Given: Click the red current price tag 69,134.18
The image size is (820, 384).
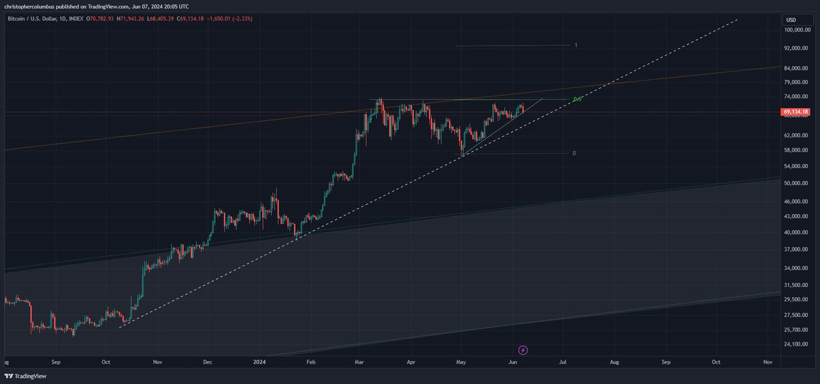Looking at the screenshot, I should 797,111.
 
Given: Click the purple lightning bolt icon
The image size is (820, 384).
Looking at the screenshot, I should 523,351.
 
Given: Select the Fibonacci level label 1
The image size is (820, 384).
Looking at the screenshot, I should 576,45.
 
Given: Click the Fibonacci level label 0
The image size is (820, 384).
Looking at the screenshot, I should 574,153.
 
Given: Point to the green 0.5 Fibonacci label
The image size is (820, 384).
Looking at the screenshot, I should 577,100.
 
